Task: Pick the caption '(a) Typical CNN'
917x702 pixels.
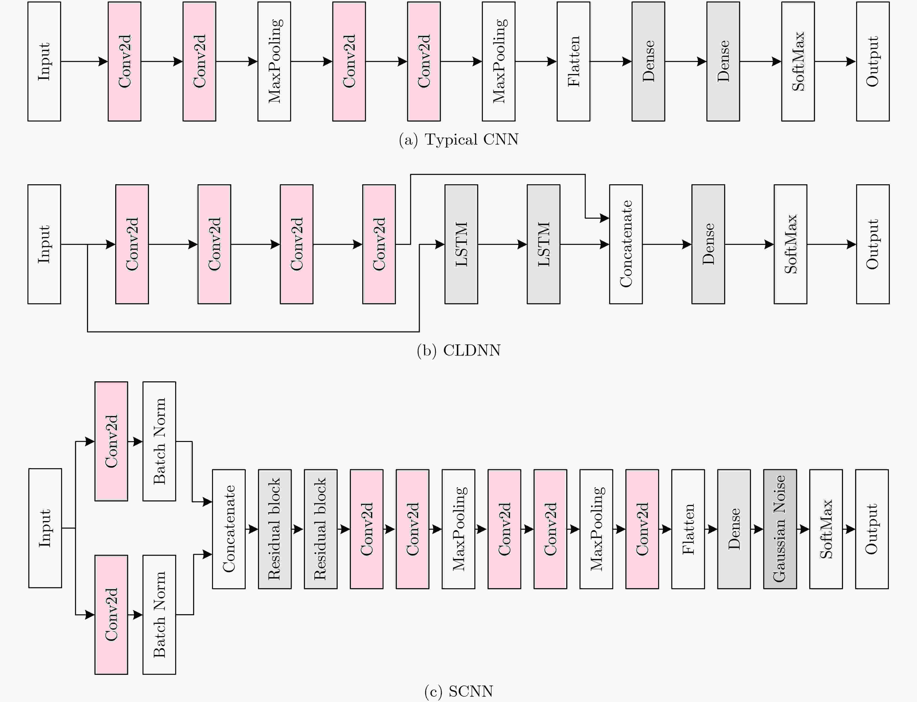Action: tap(458, 139)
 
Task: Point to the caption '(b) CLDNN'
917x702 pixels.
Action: tap(458, 350)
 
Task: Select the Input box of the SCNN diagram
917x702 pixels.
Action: tap(45, 528)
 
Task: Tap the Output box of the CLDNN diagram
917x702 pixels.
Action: tap(872, 244)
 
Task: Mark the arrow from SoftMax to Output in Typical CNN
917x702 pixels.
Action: tap(835, 61)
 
